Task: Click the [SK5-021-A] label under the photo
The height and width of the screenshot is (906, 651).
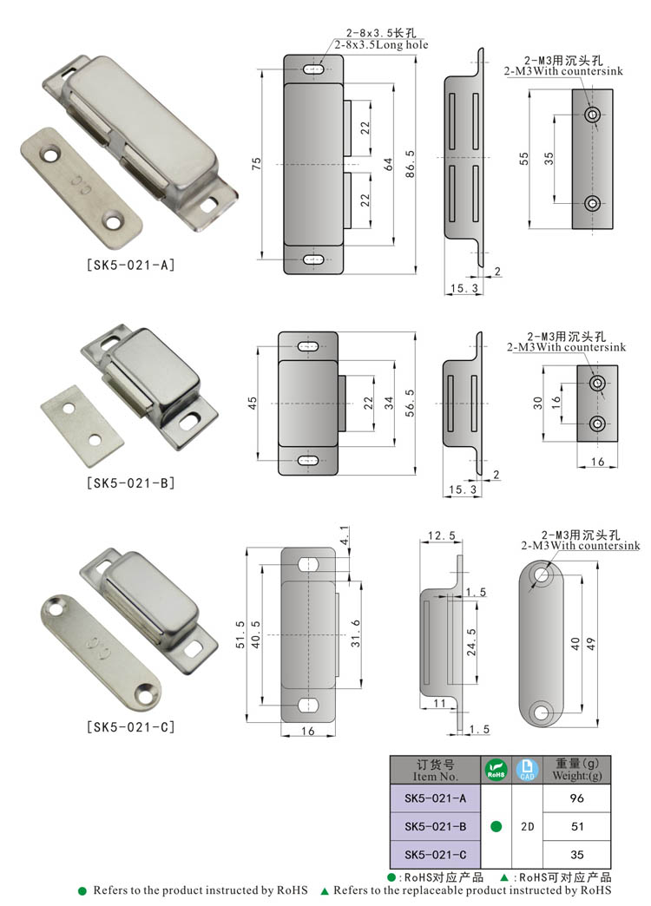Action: point(130,265)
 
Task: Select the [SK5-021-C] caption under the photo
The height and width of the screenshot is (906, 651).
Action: point(130,727)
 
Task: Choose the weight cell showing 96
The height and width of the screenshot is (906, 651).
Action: point(576,797)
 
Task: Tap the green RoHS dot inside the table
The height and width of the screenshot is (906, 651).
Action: point(496,826)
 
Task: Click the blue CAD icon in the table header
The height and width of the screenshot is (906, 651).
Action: point(527,769)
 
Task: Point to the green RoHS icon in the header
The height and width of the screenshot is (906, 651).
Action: point(496,769)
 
